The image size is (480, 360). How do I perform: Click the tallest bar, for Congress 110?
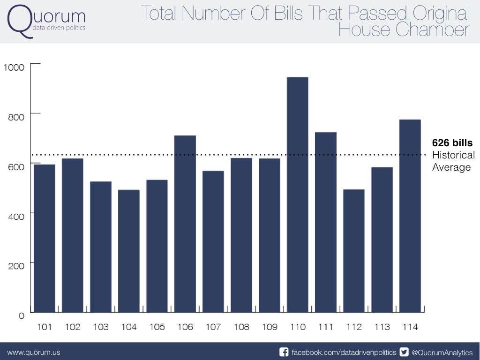[298, 195]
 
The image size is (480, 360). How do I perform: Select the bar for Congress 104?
[129, 251]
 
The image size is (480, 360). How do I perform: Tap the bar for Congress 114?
[410, 216]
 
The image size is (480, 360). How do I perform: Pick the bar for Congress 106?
[185, 224]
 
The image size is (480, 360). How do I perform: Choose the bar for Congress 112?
[354, 251]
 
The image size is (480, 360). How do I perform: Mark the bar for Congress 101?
[45, 238]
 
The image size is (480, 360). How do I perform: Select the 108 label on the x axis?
[241, 327]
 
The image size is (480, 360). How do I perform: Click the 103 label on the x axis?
[101, 327]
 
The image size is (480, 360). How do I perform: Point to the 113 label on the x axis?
[382, 327]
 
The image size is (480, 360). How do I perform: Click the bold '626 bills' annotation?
[452, 143]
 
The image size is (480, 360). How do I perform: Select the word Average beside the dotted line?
[451, 167]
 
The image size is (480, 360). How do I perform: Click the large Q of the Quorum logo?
[20, 21]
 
